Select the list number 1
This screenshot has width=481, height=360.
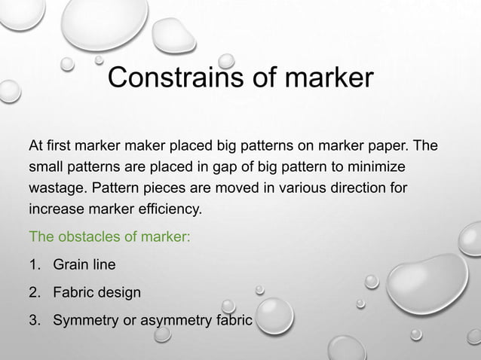34,264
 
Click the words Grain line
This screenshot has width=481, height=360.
84,264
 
